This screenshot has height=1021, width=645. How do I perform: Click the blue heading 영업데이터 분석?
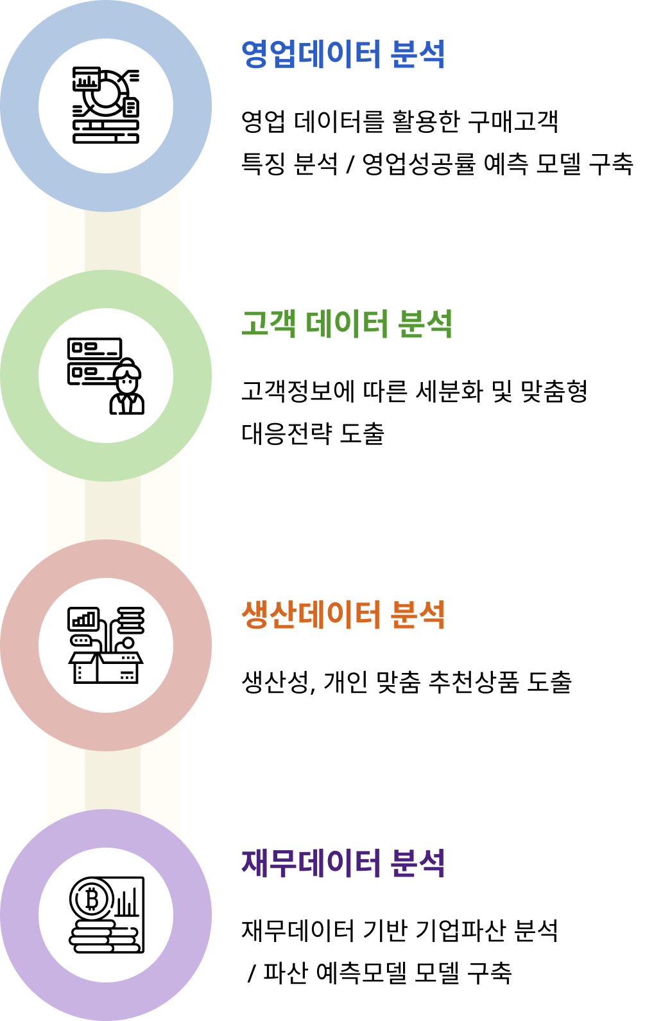click(x=343, y=55)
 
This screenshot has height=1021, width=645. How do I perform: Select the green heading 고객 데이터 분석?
click(x=347, y=324)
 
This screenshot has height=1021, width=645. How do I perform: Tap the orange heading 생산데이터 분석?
click(x=343, y=615)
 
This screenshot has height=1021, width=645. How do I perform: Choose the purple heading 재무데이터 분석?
click(x=343, y=862)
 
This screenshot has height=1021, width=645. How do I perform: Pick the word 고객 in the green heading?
click(x=268, y=324)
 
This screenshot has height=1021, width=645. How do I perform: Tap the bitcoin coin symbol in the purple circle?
click(x=92, y=899)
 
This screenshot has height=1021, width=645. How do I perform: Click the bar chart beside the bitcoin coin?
click(x=127, y=902)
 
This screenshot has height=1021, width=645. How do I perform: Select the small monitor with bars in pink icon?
click(x=83, y=619)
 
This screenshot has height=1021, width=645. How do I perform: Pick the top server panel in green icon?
click(x=94, y=349)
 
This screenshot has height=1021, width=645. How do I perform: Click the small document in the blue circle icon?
click(x=131, y=107)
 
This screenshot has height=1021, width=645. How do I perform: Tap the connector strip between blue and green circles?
click(x=112, y=241)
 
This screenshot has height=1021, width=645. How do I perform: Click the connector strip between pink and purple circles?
click(x=112, y=780)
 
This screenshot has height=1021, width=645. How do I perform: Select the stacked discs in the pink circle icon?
click(x=131, y=620)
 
